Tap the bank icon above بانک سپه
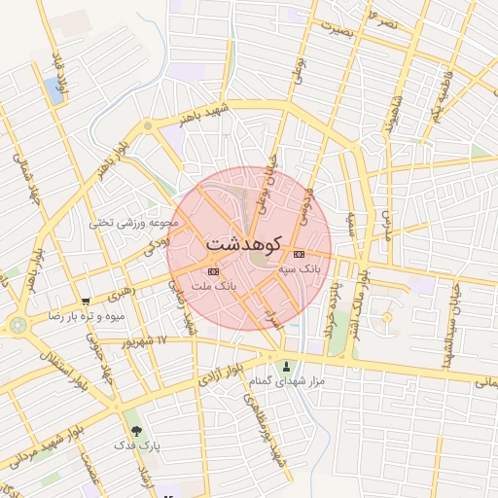(298, 253)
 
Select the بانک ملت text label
(215, 286)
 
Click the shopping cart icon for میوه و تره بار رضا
(87, 302)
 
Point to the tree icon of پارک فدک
(134, 429)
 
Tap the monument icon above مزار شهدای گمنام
(286, 367)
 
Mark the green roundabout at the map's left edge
(18, 325)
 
